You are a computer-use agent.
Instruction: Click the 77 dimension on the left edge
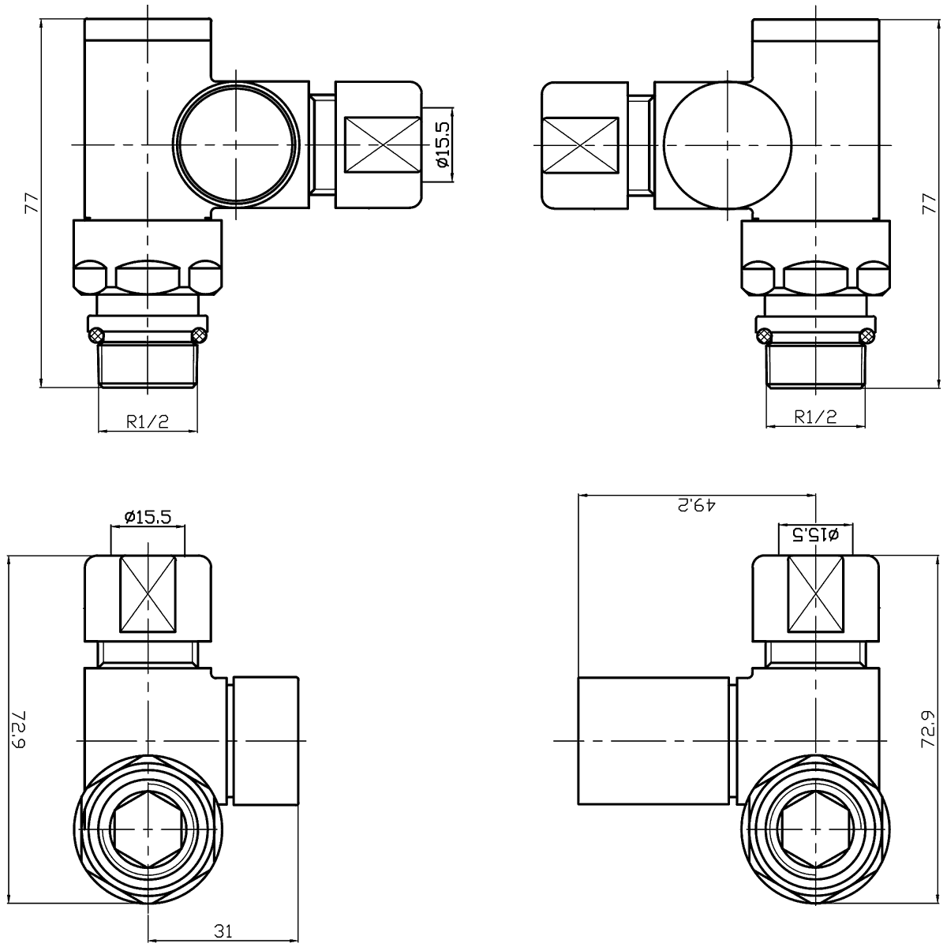pyautogui.click(x=31, y=203)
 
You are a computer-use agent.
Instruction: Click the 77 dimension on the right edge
pyautogui.click(x=928, y=203)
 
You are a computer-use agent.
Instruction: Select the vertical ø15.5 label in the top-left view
pyautogui.click(x=442, y=145)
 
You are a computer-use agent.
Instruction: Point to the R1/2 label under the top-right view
pyautogui.click(x=815, y=417)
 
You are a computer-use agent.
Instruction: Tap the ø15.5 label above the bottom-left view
pyautogui.click(x=148, y=518)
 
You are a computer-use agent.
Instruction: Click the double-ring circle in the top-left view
pyautogui.click(x=237, y=145)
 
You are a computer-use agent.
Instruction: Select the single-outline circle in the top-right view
pyautogui.click(x=727, y=145)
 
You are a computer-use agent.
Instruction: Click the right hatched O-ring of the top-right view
pyautogui.click(x=867, y=336)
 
